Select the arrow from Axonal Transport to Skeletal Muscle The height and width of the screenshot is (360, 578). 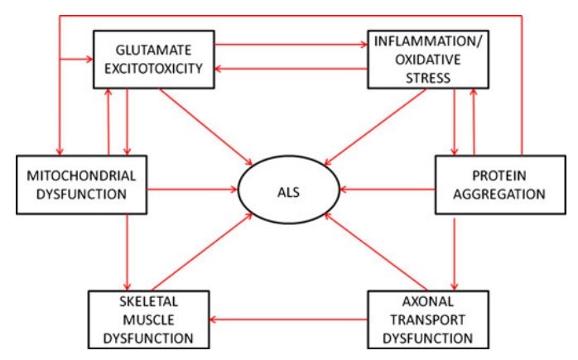click(290, 319)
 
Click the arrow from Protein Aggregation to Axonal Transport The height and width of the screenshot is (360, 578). click(455, 249)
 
